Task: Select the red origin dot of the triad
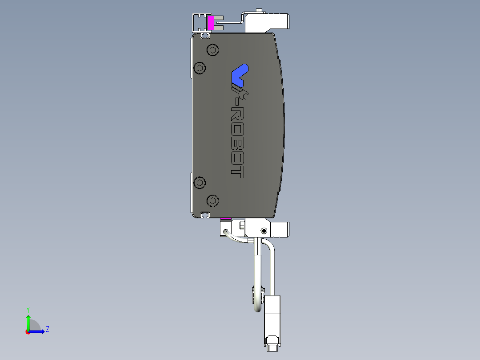pos(28,332)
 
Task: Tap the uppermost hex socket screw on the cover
pos(213,50)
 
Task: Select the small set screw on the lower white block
pos(264,231)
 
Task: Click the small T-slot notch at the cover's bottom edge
pos(205,215)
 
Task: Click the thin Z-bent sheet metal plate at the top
pos(232,20)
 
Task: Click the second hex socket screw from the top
pos(199,68)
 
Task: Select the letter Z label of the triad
pos(48,329)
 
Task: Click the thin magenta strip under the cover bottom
pos(226,219)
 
